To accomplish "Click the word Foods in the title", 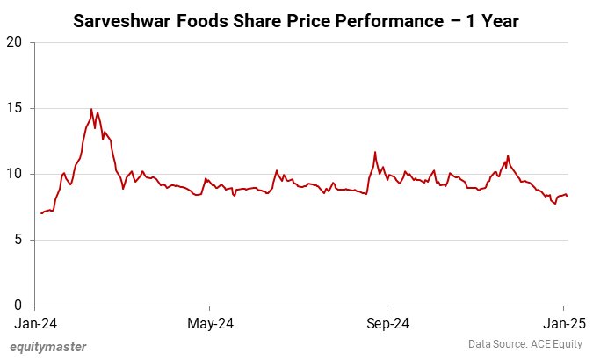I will (208, 19).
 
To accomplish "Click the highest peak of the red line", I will (91, 109).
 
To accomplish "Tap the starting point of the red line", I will (41, 213).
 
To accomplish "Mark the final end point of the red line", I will (567, 196).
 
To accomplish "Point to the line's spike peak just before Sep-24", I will (375, 152).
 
